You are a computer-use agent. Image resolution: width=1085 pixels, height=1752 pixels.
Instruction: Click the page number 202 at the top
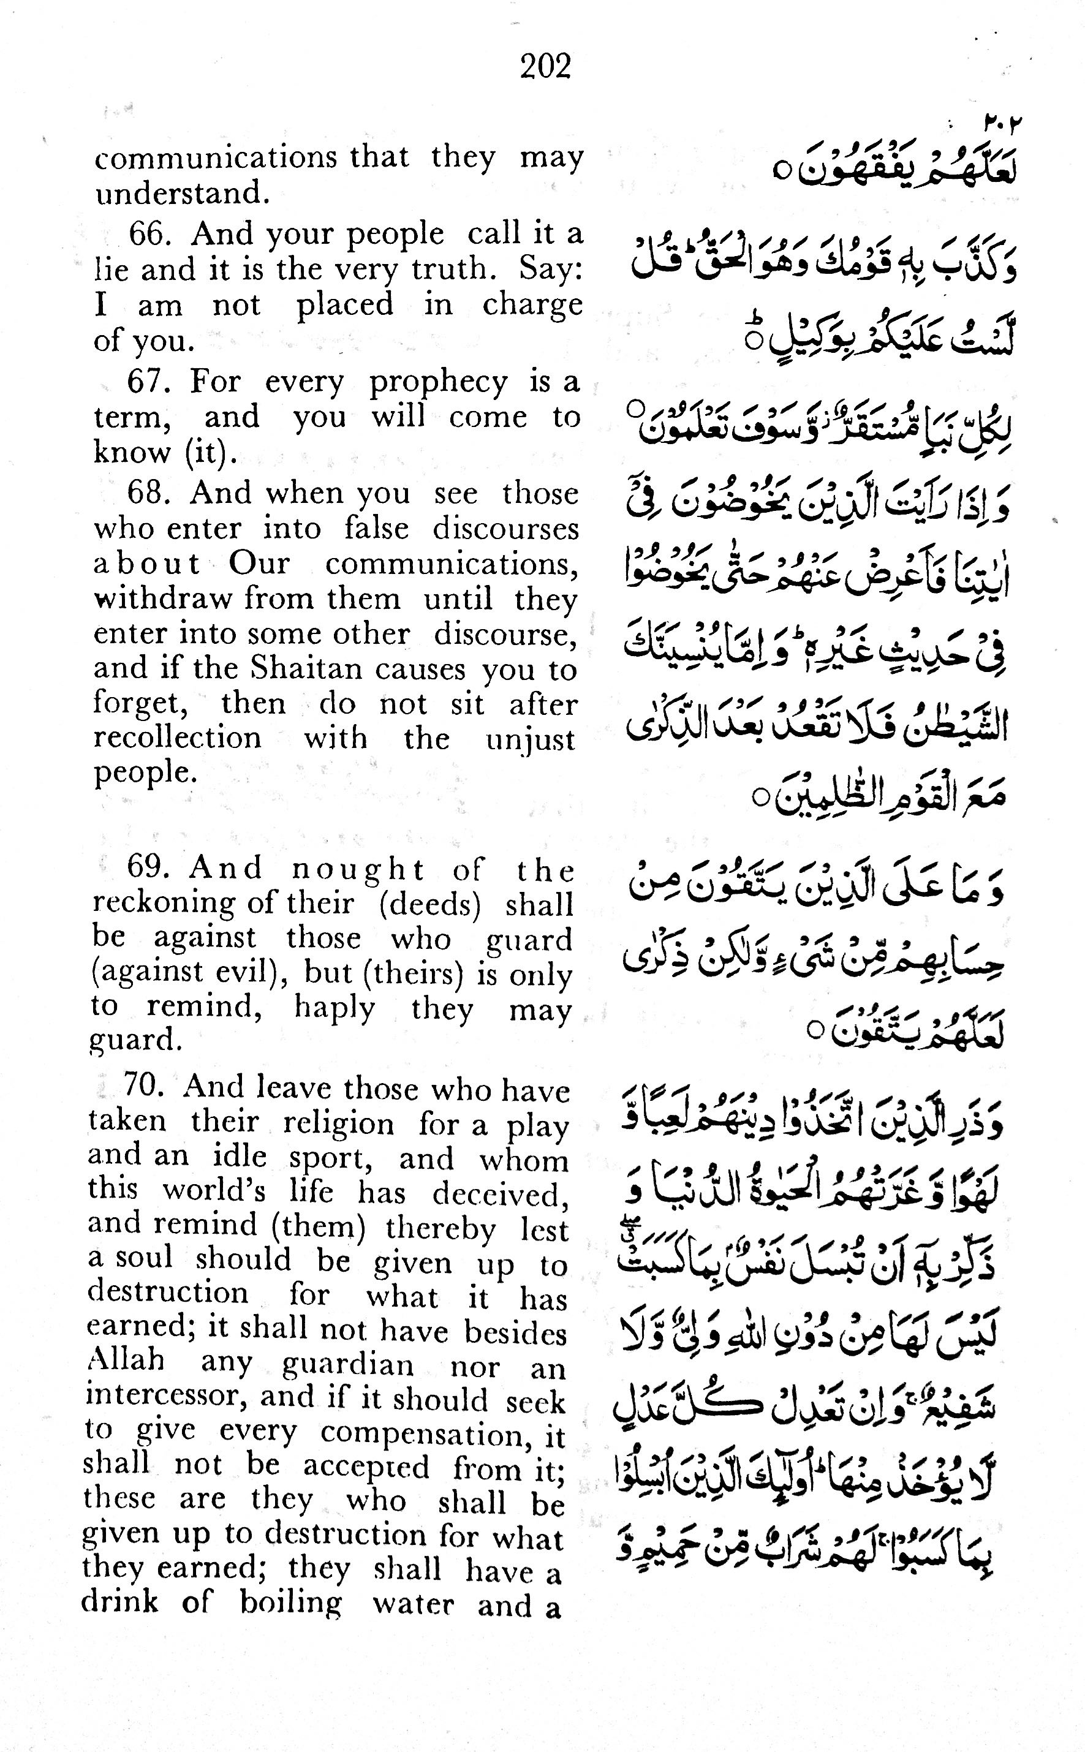pos(545,67)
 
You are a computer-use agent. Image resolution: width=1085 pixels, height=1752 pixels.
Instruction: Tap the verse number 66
pos(148,234)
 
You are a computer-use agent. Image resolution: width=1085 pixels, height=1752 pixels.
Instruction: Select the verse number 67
pos(148,381)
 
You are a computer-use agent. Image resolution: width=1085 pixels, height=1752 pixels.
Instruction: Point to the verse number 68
pos(148,494)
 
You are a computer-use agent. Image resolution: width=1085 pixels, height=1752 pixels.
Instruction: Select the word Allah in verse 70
pos(125,1359)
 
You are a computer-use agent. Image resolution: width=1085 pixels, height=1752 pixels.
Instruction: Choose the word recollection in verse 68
pos(177,738)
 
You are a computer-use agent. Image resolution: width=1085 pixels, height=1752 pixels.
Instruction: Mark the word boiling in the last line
pos(290,1602)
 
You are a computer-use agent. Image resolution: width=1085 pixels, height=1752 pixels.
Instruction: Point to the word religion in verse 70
pos(338,1123)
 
